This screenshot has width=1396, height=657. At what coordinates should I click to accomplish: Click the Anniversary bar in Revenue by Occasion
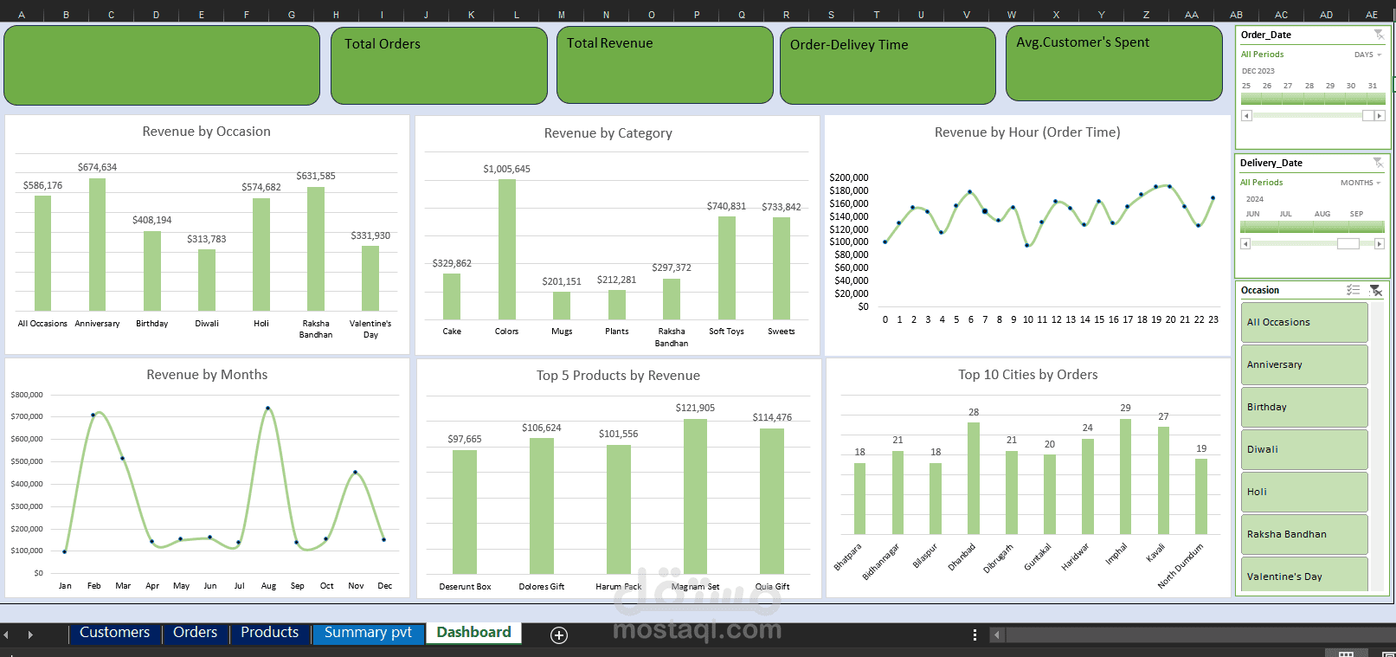pos(97,244)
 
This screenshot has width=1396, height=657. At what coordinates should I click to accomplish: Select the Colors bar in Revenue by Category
pos(506,249)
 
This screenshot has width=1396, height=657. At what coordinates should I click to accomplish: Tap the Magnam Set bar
pos(695,496)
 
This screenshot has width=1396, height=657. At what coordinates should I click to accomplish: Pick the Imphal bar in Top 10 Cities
pos(1125,476)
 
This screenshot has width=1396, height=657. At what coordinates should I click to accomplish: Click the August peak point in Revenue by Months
pos(268,409)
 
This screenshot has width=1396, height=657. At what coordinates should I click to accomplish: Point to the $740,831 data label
pos(726,206)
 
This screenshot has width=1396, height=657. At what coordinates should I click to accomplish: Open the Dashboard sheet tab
pos(473,632)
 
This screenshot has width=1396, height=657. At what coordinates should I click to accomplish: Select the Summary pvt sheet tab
pos(368,632)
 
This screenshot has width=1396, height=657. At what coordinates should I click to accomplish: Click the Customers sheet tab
pos(114,632)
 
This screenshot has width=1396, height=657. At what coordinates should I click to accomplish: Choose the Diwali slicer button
pos(1303,449)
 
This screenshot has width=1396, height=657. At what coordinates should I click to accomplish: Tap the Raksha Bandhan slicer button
pos(1303,534)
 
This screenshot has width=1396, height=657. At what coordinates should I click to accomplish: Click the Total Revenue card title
pos(609,43)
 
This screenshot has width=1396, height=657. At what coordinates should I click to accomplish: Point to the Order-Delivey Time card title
pos(849,45)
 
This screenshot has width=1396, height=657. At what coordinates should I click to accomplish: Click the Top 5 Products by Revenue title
pos(618,376)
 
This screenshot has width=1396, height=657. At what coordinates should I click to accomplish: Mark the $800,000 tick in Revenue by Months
pos(27,395)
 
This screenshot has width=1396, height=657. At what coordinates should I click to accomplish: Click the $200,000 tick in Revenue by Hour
pos(849,177)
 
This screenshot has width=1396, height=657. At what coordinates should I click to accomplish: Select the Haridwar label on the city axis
pos(1075,557)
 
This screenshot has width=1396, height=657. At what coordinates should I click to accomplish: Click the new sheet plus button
pos(559,634)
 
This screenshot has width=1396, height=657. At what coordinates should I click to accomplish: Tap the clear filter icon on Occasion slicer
pos(1375,290)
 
